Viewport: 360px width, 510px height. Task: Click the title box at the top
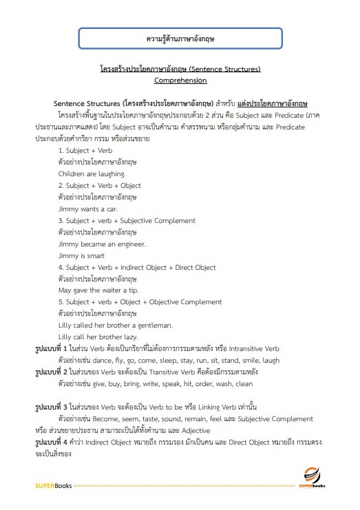(180, 39)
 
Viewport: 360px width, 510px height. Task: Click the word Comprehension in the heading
(180, 80)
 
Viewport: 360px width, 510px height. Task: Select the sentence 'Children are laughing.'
(92, 173)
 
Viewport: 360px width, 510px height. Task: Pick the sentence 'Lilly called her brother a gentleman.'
(115, 325)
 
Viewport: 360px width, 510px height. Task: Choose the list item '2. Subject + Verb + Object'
(100, 185)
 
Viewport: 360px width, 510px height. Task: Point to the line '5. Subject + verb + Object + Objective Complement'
(140, 301)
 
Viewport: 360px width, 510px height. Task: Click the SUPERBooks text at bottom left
(53, 486)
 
